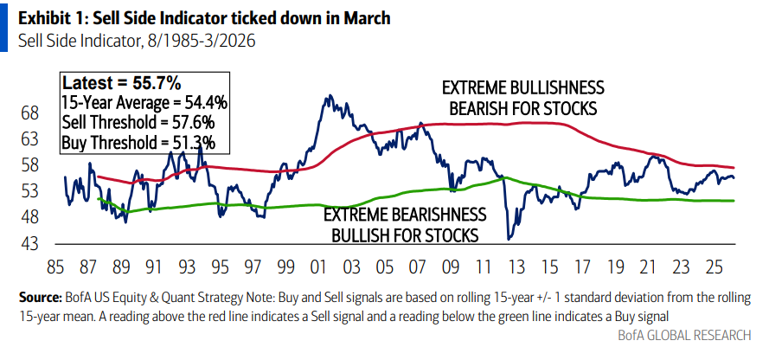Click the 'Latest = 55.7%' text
click(x=121, y=83)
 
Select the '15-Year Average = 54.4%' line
click(x=144, y=103)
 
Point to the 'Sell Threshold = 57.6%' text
click(x=138, y=123)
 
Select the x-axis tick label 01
click(x=317, y=266)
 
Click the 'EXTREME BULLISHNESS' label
click(x=522, y=88)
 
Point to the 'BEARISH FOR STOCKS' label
click(x=522, y=108)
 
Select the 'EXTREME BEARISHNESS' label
click(x=405, y=215)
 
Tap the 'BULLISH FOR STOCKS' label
click(x=405, y=235)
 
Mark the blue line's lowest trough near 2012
click(x=509, y=239)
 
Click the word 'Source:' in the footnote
click(x=41, y=298)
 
